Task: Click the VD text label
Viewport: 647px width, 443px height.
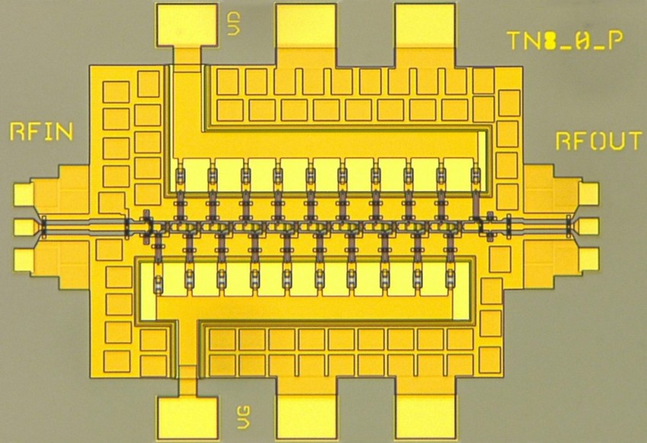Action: pos(234,24)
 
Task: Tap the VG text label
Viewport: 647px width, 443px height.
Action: pos(243,417)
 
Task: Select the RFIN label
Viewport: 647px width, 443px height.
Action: pos(41,132)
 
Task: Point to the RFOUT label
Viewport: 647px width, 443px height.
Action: pos(599,141)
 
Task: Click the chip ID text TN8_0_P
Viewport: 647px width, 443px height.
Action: pos(565,40)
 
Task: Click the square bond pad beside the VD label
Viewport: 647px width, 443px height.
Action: pos(187,25)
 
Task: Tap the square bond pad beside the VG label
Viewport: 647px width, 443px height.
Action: pos(187,418)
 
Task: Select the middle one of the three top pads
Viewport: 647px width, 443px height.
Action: pos(306,25)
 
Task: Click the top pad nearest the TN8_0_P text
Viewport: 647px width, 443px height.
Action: pos(425,25)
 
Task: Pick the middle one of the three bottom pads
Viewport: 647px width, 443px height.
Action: pos(306,417)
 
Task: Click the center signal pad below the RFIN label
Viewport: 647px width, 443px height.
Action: pos(24,227)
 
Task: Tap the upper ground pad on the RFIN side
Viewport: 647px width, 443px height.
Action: pos(24,194)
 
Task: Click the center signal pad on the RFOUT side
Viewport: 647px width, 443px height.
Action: pos(588,226)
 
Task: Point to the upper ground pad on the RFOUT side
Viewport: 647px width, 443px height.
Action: pos(588,194)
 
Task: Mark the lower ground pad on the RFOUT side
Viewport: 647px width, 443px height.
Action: pos(588,258)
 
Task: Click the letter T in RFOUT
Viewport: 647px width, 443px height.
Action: pos(633,141)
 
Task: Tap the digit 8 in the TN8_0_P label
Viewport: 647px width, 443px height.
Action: pos(550,40)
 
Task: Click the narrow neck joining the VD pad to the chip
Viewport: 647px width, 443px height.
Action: pos(187,56)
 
